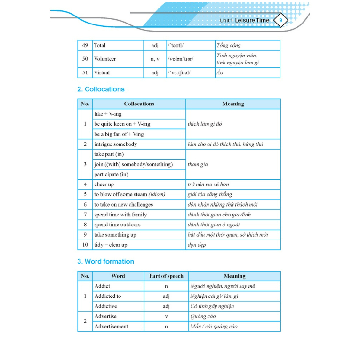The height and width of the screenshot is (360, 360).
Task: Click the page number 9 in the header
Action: coord(281,21)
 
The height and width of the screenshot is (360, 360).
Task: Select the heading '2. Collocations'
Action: coord(101,89)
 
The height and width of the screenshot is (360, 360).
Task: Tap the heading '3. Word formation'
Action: coord(105,261)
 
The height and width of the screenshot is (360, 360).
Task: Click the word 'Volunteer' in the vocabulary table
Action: coord(105,59)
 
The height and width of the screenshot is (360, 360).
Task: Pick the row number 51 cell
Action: coord(85,72)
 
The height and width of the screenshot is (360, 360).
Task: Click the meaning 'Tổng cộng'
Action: coord(229,46)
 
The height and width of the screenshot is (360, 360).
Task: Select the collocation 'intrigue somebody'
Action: coord(115,144)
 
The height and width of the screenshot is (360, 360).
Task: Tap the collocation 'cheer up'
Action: coord(104,184)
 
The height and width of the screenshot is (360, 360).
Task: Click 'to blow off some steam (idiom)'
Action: coord(129,194)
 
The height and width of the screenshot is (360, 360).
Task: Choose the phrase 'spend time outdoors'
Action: coord(117,224)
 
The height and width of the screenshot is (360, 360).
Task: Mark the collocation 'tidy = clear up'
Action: coord(111,245)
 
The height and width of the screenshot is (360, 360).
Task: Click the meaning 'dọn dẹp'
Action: coord(197,245)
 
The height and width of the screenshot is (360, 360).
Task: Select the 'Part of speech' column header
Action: coord(166,276)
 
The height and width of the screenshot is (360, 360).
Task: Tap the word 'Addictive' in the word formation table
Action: coord(105,306)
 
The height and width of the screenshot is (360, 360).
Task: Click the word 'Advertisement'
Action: coord(111,326)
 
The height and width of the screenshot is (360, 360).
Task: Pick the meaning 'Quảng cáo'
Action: coord(203,316)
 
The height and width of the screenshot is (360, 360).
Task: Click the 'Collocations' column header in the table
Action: coord(139,104)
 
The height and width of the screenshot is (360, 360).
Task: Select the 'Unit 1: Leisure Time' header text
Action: coord(245,21)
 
